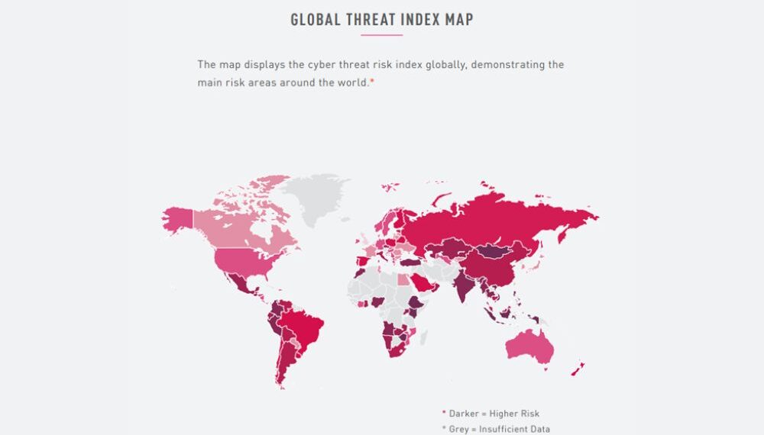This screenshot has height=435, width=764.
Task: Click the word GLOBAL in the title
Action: (316, 20)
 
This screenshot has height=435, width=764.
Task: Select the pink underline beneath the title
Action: (381, 35)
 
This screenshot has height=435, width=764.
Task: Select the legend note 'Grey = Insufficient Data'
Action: (499, 429)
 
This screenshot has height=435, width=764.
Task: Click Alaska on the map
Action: (177, 219)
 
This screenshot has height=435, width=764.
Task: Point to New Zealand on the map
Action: (578, 368)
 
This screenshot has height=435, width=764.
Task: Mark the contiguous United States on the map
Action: (237, 259)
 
